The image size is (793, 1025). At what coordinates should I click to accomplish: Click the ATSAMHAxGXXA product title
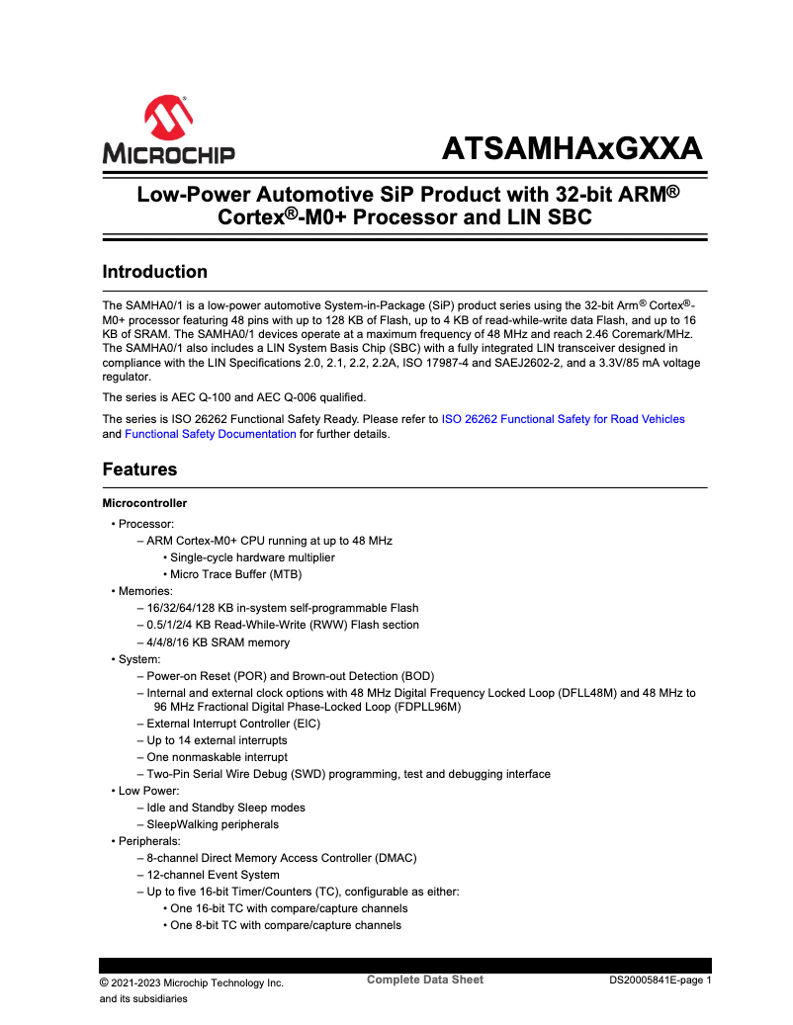572,149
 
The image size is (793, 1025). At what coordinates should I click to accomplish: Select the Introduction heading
155,272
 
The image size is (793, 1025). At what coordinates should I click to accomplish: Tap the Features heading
139,470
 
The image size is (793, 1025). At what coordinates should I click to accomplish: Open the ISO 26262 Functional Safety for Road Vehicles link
563,419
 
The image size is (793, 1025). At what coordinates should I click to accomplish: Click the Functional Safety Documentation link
210,434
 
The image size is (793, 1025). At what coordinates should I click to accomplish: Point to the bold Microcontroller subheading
144,503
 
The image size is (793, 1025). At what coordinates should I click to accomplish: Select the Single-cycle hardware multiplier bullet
252,557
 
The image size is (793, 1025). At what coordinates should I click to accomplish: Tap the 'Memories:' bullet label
145,591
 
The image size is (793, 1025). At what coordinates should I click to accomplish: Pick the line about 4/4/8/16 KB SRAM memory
219,642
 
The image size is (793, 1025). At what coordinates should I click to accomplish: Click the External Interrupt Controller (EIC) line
233,724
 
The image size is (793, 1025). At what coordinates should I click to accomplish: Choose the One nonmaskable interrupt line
217,757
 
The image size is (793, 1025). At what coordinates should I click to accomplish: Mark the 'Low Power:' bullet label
148,791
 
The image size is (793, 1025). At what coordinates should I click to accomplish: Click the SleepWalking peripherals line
213,824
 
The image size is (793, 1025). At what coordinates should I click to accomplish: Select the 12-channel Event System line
213,875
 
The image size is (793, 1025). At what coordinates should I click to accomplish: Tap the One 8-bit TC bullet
286,925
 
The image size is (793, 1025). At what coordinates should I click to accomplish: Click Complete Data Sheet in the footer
425,980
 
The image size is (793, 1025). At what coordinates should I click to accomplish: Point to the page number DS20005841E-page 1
660,982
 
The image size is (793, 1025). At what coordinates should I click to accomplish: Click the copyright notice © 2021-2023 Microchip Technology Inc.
192,982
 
